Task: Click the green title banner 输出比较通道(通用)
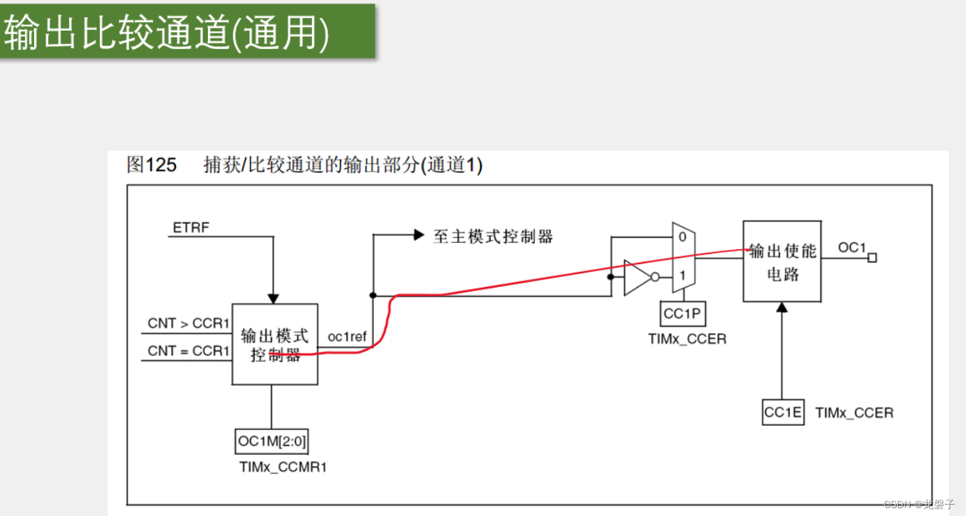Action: [187, 32]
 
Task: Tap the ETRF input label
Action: [191, 228]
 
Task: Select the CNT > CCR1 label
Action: [188, 323]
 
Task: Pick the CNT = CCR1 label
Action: [188, 351]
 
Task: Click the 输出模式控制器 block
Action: [275, 344]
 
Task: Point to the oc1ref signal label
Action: [347, 336]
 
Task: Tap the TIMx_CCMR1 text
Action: [283, 468]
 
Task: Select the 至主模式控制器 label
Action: [493, 236]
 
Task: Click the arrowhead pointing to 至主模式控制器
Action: [419, 235]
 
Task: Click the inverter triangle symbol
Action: [637, 278]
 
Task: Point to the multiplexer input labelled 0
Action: [682, 237]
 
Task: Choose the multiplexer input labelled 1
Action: [682, 275]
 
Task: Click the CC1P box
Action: [682, 313]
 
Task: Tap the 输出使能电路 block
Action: [782, 261]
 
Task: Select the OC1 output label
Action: [851, 247]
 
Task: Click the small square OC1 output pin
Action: [872, 258]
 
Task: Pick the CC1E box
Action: [783, 412]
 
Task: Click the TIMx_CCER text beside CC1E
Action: [853, 413]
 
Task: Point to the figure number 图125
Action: [151, 165]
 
